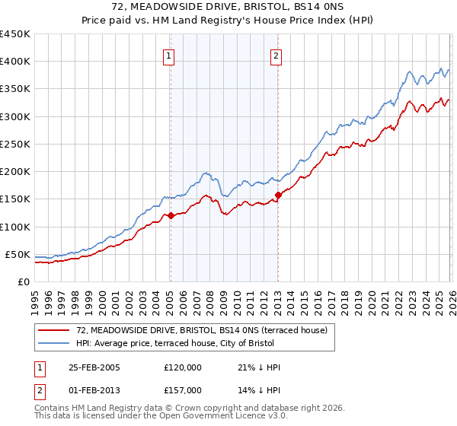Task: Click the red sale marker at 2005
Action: point(171,215)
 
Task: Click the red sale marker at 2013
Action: point(277,195)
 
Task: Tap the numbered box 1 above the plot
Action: point(168,55)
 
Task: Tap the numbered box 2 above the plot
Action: point(275,55)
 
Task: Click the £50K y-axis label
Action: point(18,254)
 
